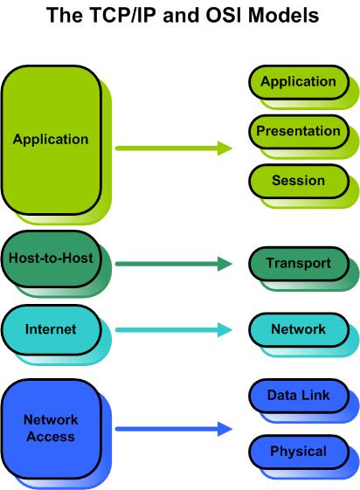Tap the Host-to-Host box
tap(50, 259)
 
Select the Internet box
tap(50, 329)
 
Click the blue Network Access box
tap(50, 429)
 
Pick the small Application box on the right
tap(298, 82)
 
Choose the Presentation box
tap(298, 132)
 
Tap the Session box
tap(298, 182)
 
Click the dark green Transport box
tap(298, 263)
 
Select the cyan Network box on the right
tap(298, 329)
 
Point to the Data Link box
tap(298, 397)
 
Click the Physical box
tap(298, 452)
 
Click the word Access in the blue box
tap(50, 437)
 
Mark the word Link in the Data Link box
tap(315, 397)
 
